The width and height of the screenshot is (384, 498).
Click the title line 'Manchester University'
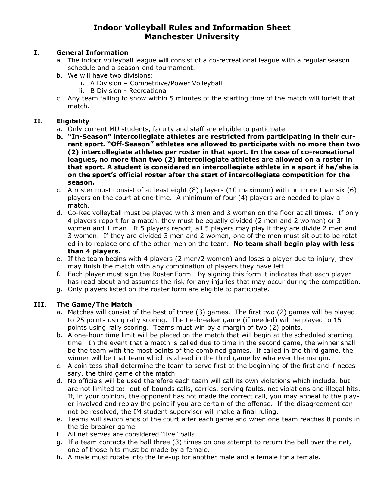[192, 37]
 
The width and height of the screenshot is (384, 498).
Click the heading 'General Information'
[92, 53]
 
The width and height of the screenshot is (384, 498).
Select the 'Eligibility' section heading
[73, 121]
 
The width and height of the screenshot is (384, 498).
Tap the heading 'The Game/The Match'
[94, 305]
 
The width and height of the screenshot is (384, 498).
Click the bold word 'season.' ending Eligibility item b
[81, 182]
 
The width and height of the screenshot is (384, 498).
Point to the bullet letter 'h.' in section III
[59, 457]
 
